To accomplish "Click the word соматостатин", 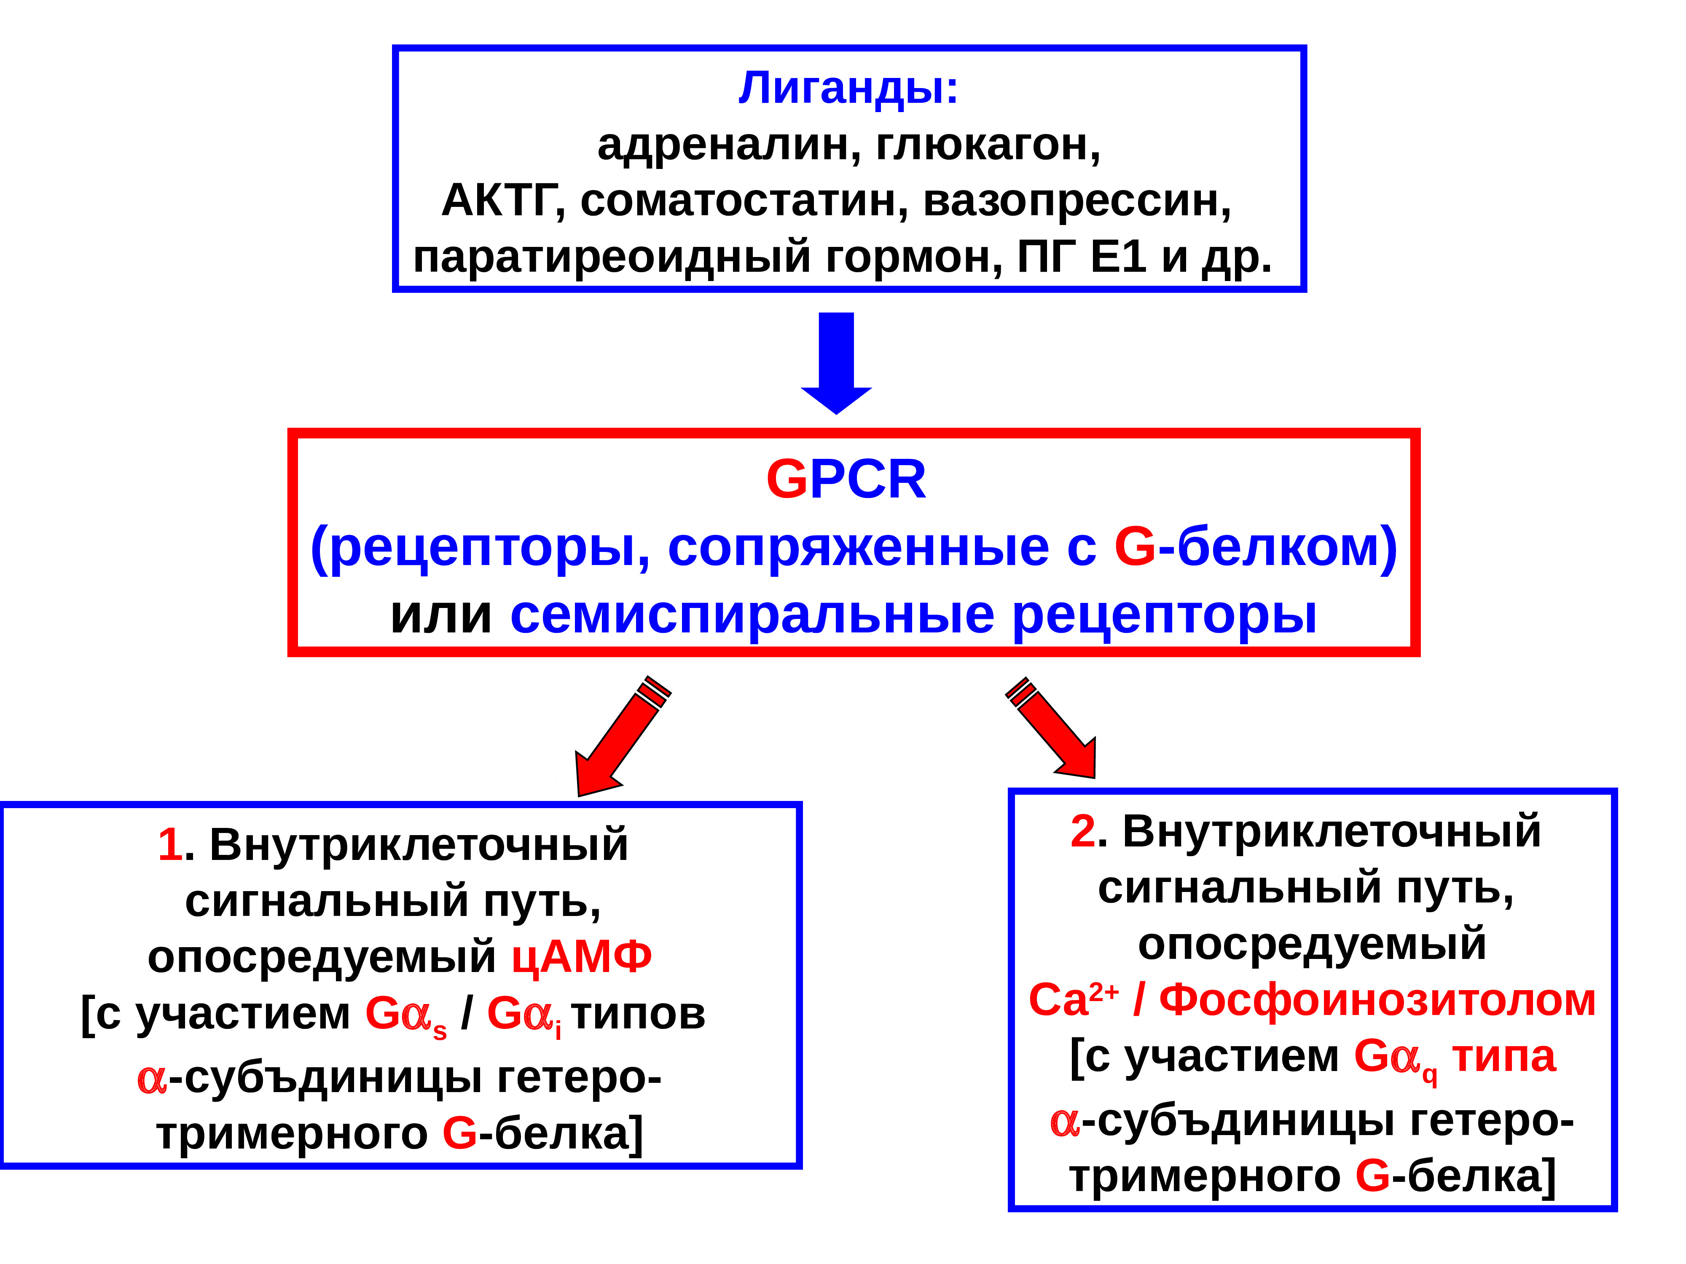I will [743, 201].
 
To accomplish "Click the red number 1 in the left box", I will [169, 844].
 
